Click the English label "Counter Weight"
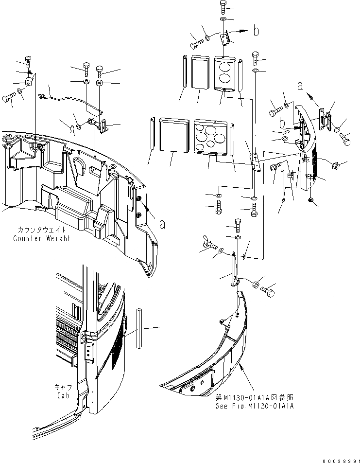pos(42,238)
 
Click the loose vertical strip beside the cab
pos(139,328)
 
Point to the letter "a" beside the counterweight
pos(162,224)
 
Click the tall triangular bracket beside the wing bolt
pos(235,270)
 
